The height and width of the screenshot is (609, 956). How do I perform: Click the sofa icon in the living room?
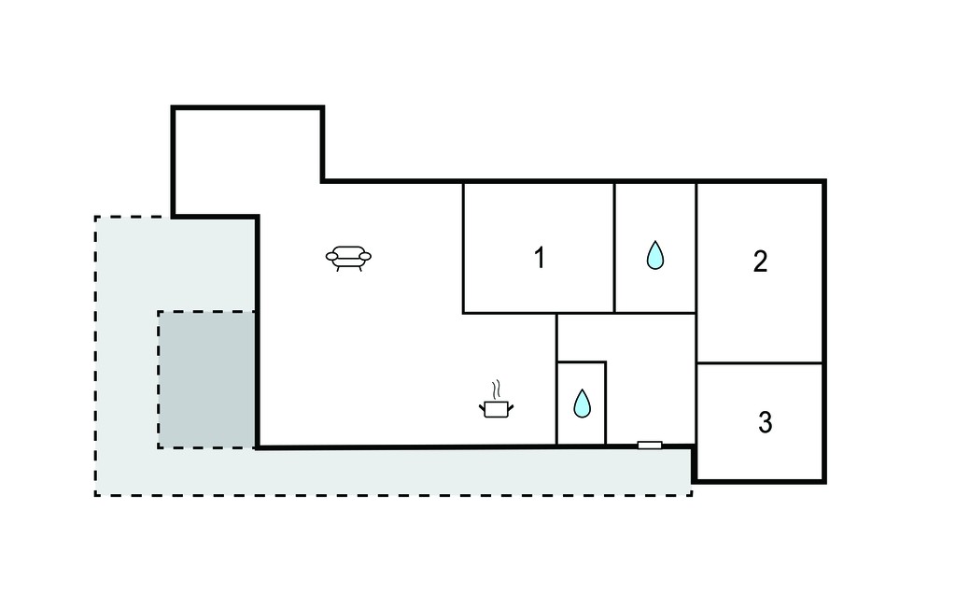click(348, 258)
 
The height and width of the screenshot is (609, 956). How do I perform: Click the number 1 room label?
click(539, 258)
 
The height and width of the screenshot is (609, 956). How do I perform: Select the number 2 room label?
click(760, 262)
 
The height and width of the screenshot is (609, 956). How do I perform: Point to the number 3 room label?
click(766, 422)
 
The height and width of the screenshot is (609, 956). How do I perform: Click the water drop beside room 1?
click(654, 255)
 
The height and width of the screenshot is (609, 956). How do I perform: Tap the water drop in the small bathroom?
click(583, 404)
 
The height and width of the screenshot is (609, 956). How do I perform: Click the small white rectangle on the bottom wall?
click(650, 446)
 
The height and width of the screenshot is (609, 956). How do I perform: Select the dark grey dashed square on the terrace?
click(206, 379)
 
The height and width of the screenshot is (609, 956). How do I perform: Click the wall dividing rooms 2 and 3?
click(760, 363)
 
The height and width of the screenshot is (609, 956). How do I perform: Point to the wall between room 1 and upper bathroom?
click(614, 248)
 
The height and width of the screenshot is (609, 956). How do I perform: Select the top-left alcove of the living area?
click(247, 162)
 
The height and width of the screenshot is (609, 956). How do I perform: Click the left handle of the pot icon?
click(483, 405)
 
